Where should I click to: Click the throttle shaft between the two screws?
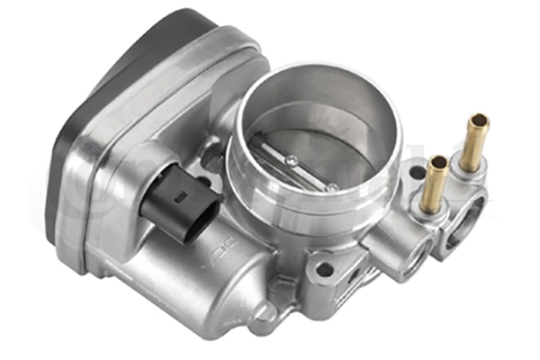point(311,172)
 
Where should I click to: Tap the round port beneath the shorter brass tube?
point(410,253)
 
